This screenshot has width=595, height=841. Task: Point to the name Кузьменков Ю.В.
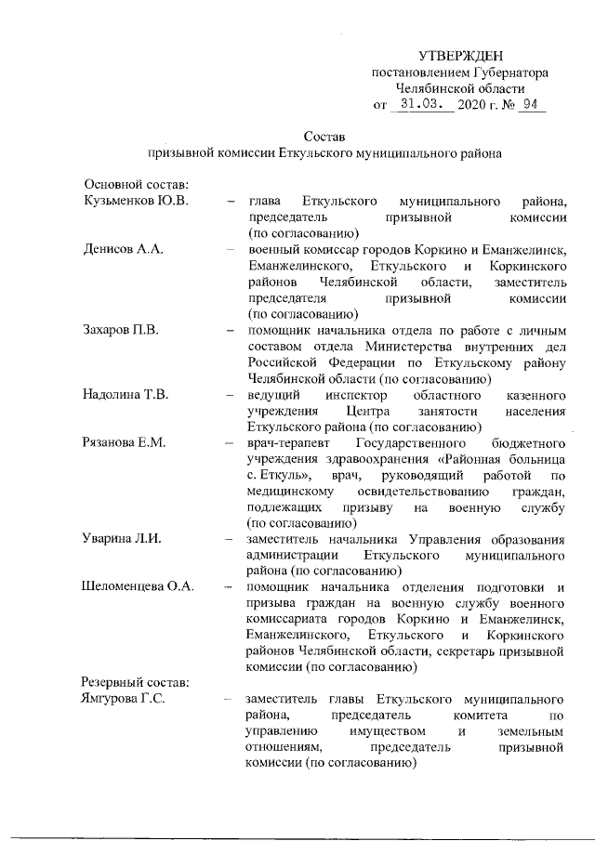(x=136, y=201)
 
